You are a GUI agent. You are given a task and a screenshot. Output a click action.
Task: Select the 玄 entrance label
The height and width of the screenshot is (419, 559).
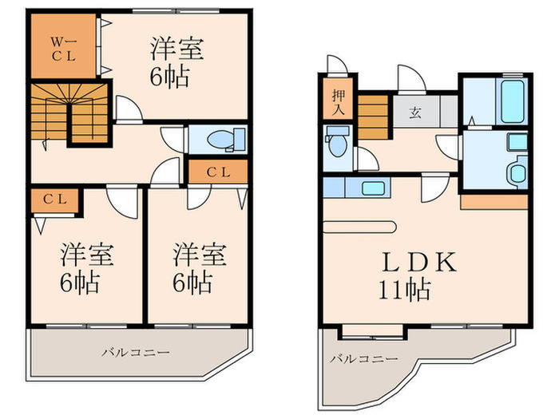[x=415, y=111]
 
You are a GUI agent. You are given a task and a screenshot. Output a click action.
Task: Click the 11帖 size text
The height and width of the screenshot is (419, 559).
[x=404, y=289]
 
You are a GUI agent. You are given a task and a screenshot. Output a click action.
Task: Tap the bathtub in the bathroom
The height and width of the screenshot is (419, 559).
[x=511, y=100]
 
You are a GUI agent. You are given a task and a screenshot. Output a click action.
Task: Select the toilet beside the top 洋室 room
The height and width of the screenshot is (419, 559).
[x=222, y=140]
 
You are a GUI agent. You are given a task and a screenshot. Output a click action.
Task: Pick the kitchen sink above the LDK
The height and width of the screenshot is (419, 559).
[x=372, y=189]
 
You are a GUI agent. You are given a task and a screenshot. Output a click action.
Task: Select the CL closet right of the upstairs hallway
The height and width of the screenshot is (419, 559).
[x=219, y=171]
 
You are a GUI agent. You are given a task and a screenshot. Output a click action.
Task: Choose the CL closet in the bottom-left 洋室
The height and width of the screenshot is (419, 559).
[x=55, y=200]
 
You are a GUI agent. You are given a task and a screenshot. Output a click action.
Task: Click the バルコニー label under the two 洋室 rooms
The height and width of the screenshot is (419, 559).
[x=135, y=351]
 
